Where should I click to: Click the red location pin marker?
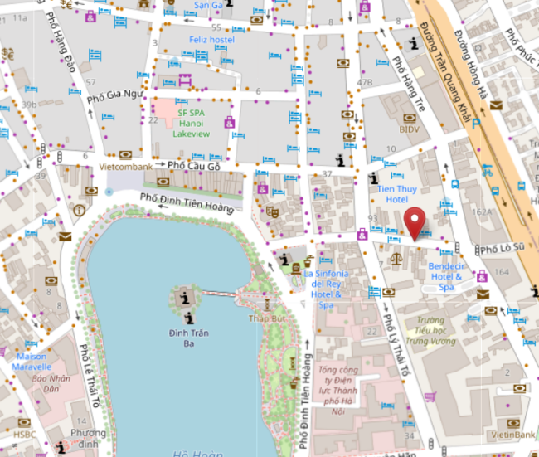[416, 221]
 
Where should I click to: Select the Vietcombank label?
[126, 166]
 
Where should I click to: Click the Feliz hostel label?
[210, 39]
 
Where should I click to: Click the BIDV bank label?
[410, 129]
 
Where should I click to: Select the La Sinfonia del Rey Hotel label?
[327, 289]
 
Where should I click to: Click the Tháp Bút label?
[266, 318]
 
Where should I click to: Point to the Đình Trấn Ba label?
[189, 339]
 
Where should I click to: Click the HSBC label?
[24, 434]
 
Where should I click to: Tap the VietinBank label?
[512, 434]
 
